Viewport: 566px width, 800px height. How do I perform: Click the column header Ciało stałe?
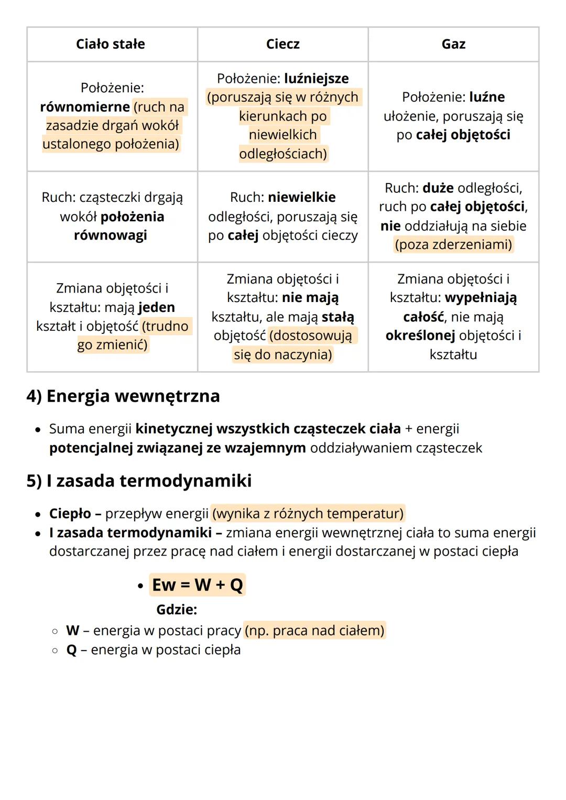pos(110,44)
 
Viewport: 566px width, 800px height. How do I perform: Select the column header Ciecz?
pos(282,44)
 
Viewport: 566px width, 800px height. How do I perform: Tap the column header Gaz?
pos(453,44)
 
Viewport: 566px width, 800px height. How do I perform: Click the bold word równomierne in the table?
pos(85,107)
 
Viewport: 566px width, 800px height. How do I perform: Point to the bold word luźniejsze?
pos(316,79)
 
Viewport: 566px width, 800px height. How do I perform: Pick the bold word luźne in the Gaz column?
pos(487,97)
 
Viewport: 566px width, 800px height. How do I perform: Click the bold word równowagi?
pos(110,235)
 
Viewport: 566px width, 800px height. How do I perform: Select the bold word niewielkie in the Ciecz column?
pos(301,198)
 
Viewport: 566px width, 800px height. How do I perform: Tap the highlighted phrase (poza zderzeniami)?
pos(453,245)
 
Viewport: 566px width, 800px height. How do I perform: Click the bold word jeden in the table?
pos(156,307)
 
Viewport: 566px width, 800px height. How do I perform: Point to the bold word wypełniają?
pos(481,298)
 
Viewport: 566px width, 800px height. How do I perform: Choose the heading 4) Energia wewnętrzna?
pos(123,396)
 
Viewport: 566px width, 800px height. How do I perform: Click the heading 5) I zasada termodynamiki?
pos(139,481)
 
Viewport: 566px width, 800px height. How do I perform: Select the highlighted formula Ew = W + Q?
pos(197,585)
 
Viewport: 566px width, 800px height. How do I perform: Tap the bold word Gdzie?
pos(177,610)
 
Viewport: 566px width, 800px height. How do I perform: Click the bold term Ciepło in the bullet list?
pos(70,513)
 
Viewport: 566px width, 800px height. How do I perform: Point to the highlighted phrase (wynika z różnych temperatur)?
pos(308,513)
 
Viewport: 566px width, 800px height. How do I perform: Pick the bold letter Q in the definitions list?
pos(71,650)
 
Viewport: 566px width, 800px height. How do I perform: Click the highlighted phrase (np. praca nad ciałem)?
pos(314,630)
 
